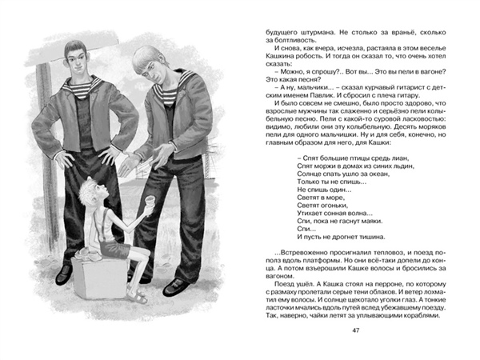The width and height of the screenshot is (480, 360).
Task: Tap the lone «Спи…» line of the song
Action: pos(297,228)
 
